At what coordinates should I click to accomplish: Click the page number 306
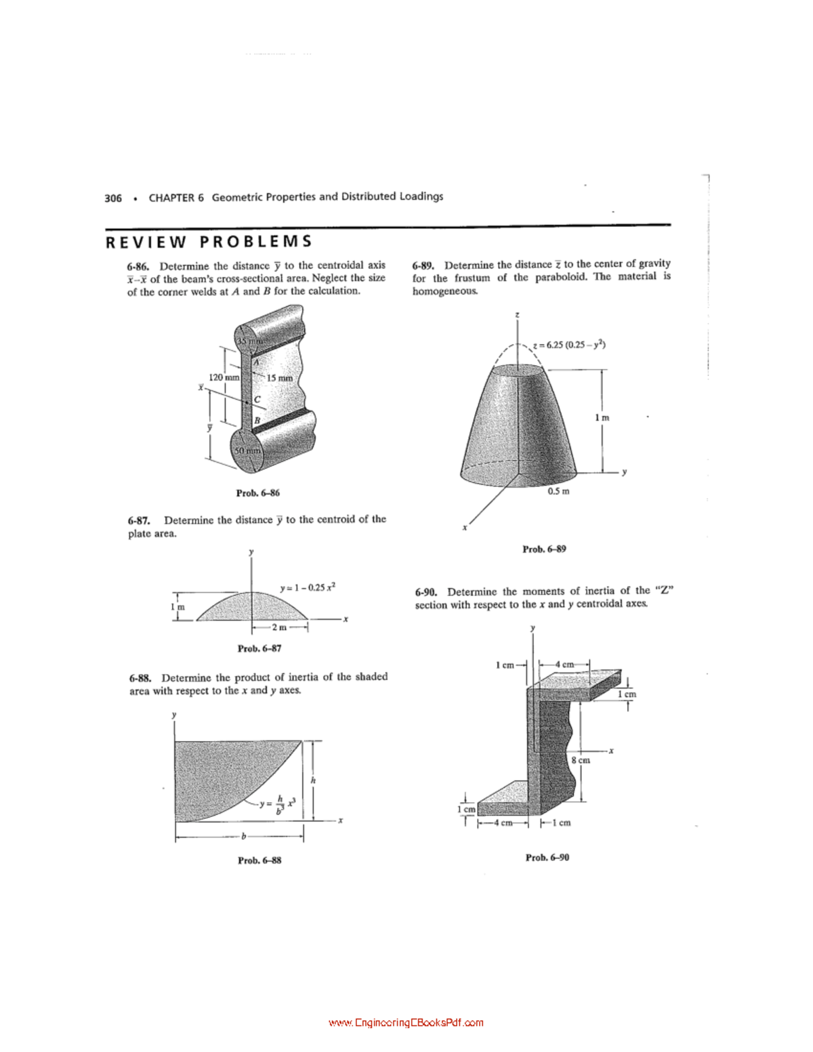point(113,198)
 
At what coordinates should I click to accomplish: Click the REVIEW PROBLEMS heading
point(209,242)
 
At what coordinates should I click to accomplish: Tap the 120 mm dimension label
point(224,377)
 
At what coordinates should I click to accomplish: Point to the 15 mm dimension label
point(280,378)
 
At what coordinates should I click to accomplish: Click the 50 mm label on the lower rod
point(247,450)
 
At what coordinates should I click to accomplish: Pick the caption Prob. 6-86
point(257,492)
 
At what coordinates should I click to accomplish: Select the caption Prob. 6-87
point(259,648)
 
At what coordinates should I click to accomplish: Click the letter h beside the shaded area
point(313,780)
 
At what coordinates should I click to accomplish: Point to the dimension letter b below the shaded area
point(243,837)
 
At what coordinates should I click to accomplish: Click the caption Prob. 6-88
point(259,860)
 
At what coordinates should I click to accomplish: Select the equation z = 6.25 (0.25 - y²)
point(569,344)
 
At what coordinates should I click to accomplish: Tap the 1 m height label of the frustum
point(602,418)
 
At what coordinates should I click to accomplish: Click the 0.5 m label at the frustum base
point(558,491)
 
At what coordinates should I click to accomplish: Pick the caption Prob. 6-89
point(544,549)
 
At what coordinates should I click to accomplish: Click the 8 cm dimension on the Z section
point(581,760)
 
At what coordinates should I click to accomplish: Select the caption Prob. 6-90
point(547,857)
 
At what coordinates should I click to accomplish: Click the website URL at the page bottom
point(406,1023)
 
